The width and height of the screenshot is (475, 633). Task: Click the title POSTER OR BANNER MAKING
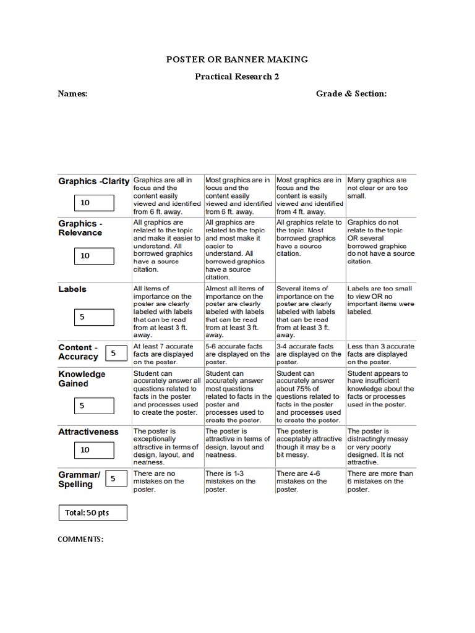[237, 59]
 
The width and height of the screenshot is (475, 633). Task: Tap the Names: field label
[72, 94]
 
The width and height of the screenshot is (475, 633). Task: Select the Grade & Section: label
[351, 94]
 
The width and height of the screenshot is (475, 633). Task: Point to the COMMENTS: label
[80, 539]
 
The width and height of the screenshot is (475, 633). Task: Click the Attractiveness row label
[88, 431]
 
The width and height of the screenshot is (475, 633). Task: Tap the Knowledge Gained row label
[82, 378]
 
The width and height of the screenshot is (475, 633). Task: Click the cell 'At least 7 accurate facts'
[167, 354]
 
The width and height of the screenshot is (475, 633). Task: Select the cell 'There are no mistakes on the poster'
[167, 482]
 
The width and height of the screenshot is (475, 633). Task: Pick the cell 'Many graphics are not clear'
[380, 188]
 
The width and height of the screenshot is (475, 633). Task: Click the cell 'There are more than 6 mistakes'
[380, 482]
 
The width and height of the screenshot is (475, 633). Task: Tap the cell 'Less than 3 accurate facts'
[380, 354]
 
